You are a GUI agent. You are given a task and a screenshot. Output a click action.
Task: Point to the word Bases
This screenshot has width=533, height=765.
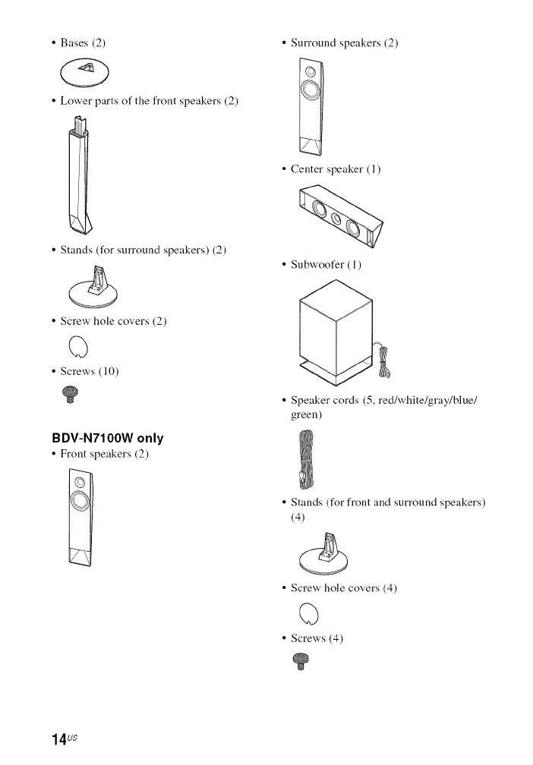[x=74, y=42]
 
